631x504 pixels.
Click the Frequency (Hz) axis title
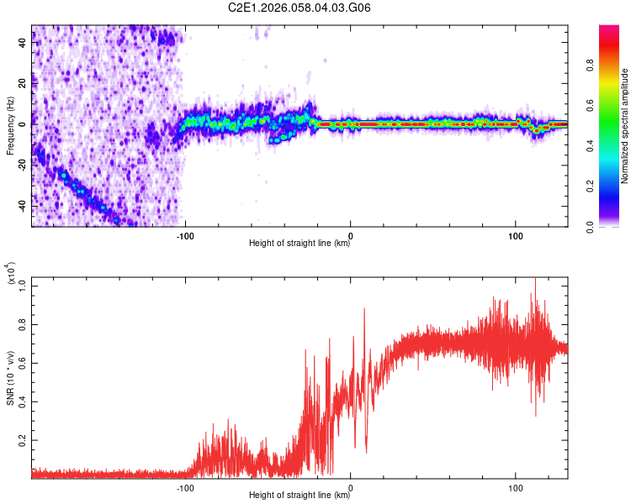[x=10, y=126]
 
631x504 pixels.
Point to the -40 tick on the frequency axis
[x=22, y=206]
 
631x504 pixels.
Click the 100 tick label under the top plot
[x=515, y=234]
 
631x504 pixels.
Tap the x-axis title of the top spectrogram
[x=300, y=244]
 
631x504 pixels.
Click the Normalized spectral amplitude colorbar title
[x=625, y=126]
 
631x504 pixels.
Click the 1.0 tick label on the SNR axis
[x=23, y=285]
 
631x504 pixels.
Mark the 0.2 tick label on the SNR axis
[x=23, y=439]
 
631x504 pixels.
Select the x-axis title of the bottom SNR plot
[x=300, y=496]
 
